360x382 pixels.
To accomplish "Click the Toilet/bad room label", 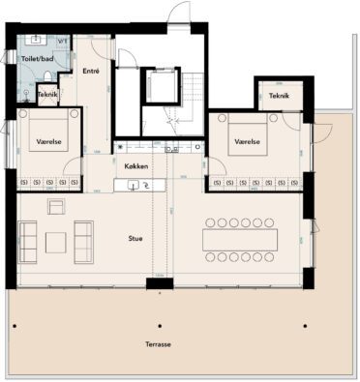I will [x=39, y=59].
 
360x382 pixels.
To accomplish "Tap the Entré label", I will [x=92, y=72].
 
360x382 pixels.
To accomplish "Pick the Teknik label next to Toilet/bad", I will [x=47, y=94].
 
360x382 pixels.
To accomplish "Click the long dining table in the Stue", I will [x=239, y=238].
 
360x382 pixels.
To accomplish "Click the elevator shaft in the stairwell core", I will [x=158, y=88].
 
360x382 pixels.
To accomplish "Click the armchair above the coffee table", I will [x=54, y=205].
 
